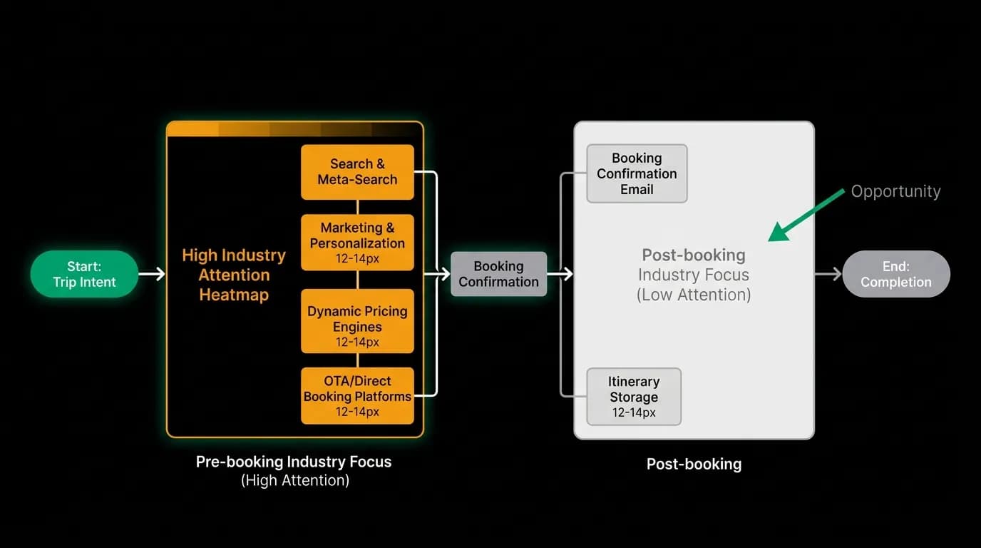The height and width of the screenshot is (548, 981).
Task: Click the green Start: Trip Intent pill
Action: click(x=84, y=274)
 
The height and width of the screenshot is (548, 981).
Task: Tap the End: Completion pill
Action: click(x=896, y=274)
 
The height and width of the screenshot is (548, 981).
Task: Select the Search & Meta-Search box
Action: click(x=357, y=172)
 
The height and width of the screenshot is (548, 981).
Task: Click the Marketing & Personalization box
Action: click(x=357, y=243)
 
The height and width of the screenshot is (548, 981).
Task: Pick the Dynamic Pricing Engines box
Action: click(x=357, y=321)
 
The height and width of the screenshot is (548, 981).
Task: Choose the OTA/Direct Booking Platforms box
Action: click(x=357, y=396)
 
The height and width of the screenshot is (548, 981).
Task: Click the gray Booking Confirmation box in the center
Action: click(x=499, y=274)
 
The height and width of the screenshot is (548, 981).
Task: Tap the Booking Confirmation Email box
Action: click(x=637, y=173)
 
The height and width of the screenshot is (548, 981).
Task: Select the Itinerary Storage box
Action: click(x=634, y=397)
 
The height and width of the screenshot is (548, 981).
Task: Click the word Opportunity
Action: click(x=895, y=191)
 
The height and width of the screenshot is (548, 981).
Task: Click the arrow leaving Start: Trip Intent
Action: click(x=152, y=274)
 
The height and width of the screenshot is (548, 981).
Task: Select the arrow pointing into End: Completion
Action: click(x=828, y=274)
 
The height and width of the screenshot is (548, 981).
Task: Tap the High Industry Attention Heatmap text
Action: click(x=234, y=275)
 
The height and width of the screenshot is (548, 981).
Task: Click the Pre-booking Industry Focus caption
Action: click(x=294, y=462)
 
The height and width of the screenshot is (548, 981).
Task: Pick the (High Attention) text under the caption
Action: click(x=295, y=480)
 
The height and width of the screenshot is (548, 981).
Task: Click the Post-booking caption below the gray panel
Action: click(x=694, y=464)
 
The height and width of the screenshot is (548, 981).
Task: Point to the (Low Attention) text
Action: click(x=694, y=295)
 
